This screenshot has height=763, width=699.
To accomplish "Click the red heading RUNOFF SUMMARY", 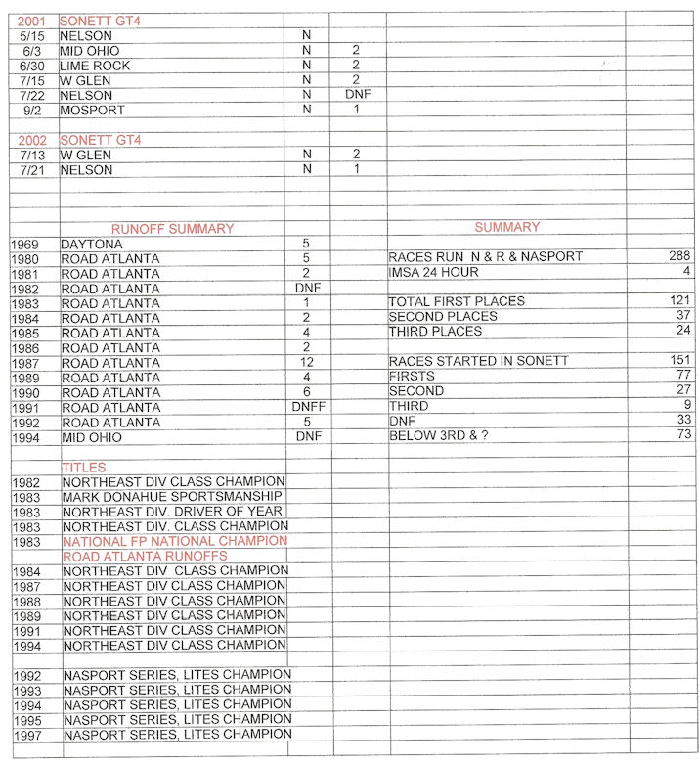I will tap(172, 229).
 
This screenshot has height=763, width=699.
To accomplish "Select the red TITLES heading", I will tap(84, 468).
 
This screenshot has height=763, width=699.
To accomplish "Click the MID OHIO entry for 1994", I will tap(95, 437).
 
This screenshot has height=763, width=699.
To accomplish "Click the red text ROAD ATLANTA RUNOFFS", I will tap(145, 556).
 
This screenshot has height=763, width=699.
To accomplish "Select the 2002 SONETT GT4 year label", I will tap(31, 140).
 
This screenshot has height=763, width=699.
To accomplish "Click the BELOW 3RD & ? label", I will tap(438, 434).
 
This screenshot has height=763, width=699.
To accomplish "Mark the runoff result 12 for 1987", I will tap(307, 362).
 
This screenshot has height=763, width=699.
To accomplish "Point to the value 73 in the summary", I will tap(681, 434).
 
